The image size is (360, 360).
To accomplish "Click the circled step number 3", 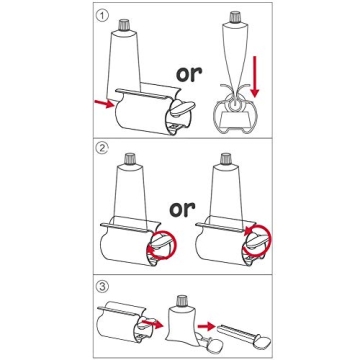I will click(101, 287).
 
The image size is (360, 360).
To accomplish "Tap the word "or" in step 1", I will click(189, 73).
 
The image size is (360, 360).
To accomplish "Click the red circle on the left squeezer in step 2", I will click(157, 244).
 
